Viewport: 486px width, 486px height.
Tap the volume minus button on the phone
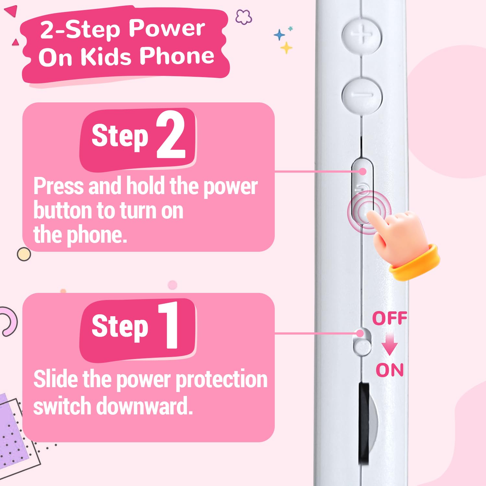coord(362,95)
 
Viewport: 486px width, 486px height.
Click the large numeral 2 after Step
coord(171,134)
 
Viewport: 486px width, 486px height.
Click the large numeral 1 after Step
coord(168,325)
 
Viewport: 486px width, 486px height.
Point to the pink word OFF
coord(389,318)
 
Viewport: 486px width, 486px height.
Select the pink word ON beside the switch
coord(389,370)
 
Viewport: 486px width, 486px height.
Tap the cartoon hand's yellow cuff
coord(415,262)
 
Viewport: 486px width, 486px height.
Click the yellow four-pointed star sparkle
coord(286,48)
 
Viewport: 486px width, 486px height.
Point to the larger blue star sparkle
coord(279,35)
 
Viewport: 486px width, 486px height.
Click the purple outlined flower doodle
coord(244,17)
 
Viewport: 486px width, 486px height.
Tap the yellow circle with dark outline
coord(24,254)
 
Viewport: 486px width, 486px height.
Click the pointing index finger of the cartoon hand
coord(376,222)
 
